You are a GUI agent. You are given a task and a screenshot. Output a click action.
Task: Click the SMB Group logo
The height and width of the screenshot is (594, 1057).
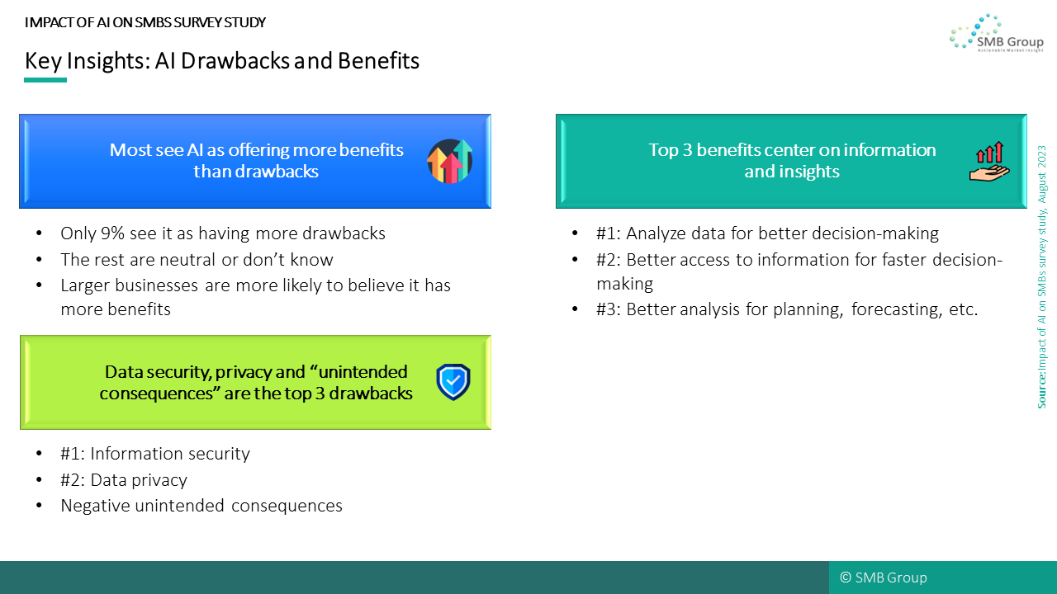(996, 32)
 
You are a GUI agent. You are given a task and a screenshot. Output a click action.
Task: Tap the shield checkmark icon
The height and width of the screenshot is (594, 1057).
(453, 382)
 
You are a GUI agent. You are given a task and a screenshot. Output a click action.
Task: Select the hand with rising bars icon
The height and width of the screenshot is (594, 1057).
(989, 161)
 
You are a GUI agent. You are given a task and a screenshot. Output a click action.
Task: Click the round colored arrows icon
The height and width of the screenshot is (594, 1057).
(450, 161)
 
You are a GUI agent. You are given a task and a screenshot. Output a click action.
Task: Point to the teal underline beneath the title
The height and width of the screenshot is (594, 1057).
(45, 80)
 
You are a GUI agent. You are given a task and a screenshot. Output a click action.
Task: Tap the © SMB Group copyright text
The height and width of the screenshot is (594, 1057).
(884, 577)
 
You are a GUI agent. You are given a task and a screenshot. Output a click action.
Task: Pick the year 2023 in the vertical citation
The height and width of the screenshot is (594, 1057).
(1042, 157)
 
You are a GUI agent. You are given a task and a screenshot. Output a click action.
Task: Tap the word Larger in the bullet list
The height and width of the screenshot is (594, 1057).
(85, 286)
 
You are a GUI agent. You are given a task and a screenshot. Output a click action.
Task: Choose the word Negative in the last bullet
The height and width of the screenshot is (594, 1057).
(95, 506)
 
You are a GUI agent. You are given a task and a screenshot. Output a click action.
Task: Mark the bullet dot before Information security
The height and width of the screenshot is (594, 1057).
(39, 454)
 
